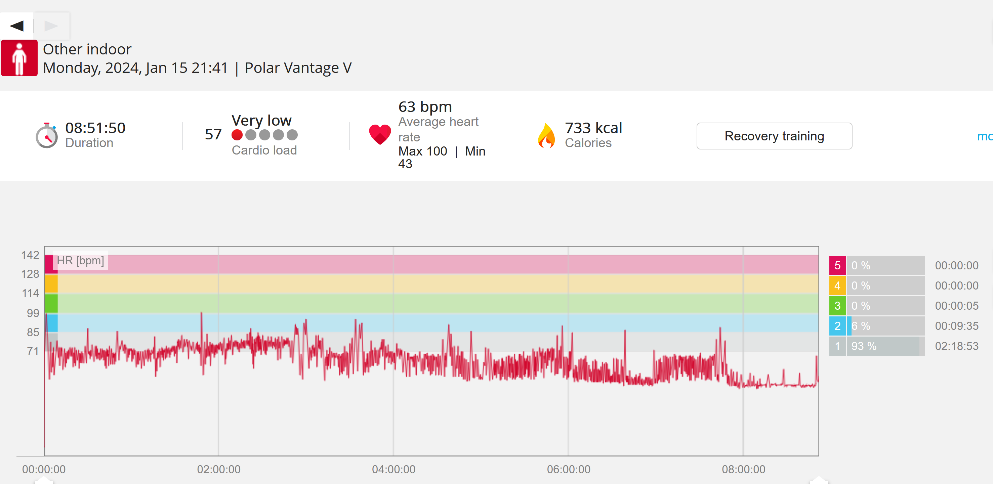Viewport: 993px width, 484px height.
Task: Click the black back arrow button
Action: pos(17,26)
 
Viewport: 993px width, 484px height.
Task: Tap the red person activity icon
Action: pos(19,58)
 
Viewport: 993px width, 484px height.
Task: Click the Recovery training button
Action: pos(774,136)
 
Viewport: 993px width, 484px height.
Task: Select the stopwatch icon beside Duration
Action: pos(47,135)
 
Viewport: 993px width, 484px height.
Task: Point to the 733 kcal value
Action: pos(593,128)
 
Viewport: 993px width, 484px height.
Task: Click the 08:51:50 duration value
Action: pos(95,128)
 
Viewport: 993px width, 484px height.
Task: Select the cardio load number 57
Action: pos(213,134)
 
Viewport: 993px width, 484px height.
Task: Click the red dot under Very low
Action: pos(237,135)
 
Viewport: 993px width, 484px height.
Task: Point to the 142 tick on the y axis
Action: pos(30,255)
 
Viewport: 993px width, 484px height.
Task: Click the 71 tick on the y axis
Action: pos(33,351)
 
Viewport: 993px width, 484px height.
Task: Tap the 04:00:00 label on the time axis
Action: pos(394,469)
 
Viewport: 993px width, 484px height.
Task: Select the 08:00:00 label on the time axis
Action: pos(744,469)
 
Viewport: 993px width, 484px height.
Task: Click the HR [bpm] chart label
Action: pos(80,261)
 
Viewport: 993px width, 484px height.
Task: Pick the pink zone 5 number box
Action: pos(837,265)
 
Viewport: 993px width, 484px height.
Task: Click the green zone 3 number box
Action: pos(837,306)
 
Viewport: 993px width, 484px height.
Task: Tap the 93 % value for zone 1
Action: pos(864,346)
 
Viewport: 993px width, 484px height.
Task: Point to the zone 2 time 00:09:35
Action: pos(957,326)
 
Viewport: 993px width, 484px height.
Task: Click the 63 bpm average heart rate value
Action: pos(425,107)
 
